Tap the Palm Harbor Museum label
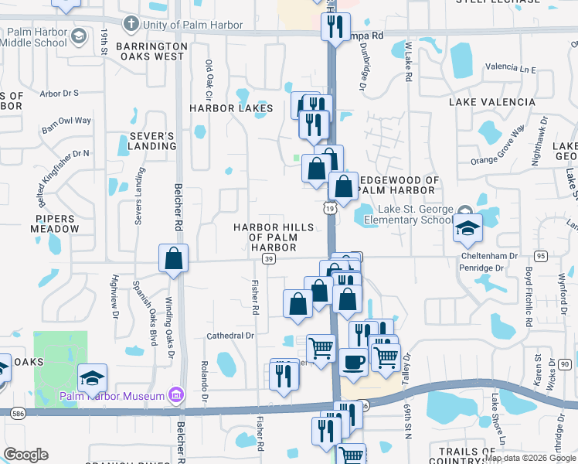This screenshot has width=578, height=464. tap(112, 397)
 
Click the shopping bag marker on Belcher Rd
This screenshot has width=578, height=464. tap(174, 259)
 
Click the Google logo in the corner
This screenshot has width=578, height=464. tap(25, 455)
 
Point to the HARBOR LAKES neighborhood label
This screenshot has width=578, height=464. tap(231, 108)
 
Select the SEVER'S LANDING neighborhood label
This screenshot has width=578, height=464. tap(147, 142)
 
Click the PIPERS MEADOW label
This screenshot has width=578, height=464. tap(56, 224)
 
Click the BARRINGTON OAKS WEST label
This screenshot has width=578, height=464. tap(151, 52)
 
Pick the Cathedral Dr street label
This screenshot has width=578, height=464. tap(230, 336)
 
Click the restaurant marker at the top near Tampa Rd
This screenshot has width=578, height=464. tap(335, 27)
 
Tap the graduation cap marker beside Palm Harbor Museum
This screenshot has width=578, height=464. tap(92, 377)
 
